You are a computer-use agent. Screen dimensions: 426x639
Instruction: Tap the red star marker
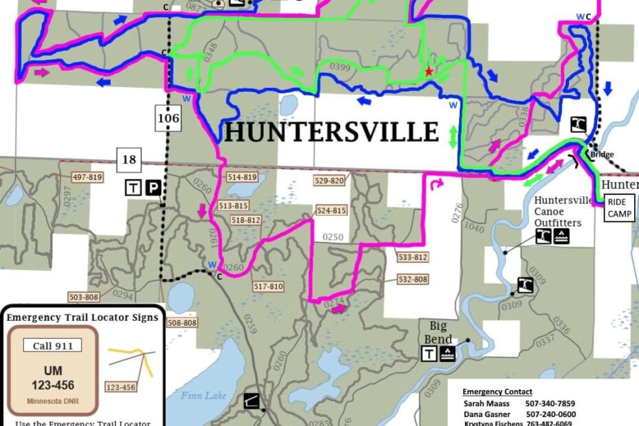(x=429, y=71)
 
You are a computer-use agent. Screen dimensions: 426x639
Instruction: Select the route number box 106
(x=168, y=119)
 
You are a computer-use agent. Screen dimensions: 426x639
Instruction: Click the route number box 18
(x=129, y=161)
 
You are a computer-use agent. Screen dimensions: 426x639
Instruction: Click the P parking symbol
(x=153, y=188)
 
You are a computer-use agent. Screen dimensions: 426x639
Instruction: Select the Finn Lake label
(x=199, y=395)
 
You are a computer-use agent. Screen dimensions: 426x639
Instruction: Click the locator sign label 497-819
(x=87, y=177)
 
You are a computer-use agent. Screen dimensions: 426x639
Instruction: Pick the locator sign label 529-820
(x=329, y=181)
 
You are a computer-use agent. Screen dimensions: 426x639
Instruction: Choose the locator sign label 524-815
(x=331, y=211)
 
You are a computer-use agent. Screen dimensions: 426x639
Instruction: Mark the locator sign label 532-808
(x=413, y=279)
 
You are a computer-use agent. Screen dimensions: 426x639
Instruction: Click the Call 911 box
(x=52, y=346)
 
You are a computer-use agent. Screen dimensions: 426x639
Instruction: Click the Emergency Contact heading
(x=497, y=392)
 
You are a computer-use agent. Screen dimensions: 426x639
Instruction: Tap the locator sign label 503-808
(x=85, y=298)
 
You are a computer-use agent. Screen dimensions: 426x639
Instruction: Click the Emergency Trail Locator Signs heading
(x=82, y=317)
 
